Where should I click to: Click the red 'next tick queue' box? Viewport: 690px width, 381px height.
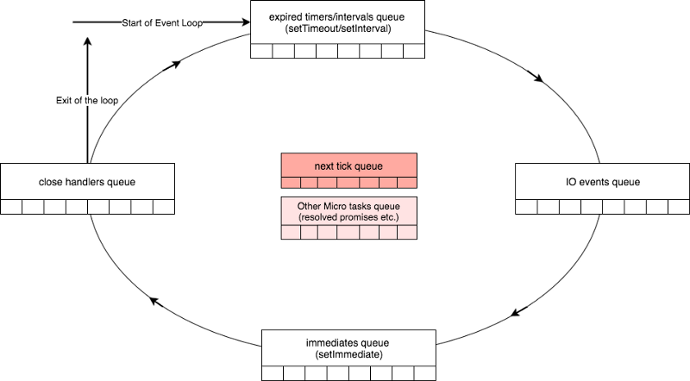pyautogui.click(x=348, y=165)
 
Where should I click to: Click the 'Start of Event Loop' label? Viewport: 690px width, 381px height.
pyautogui.click(x=162, y=22)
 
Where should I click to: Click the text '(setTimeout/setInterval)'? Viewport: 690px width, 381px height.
pyautogui.click(x=338, y=28)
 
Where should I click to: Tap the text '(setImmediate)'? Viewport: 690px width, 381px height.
pyautogui.click(x=348, y=353)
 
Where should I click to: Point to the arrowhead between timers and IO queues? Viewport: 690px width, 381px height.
pyautogui.click(x=540, y=79)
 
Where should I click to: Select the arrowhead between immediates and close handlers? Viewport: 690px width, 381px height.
pyautogui.click(x=154, y=301)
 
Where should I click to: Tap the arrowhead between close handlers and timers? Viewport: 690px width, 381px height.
pyautogui.click(x=178, y=64)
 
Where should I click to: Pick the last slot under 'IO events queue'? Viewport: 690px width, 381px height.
pyautogui.click(x=679, y=207)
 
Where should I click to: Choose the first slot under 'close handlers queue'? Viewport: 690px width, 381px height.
pyautogui.click(x=11, y=207)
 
